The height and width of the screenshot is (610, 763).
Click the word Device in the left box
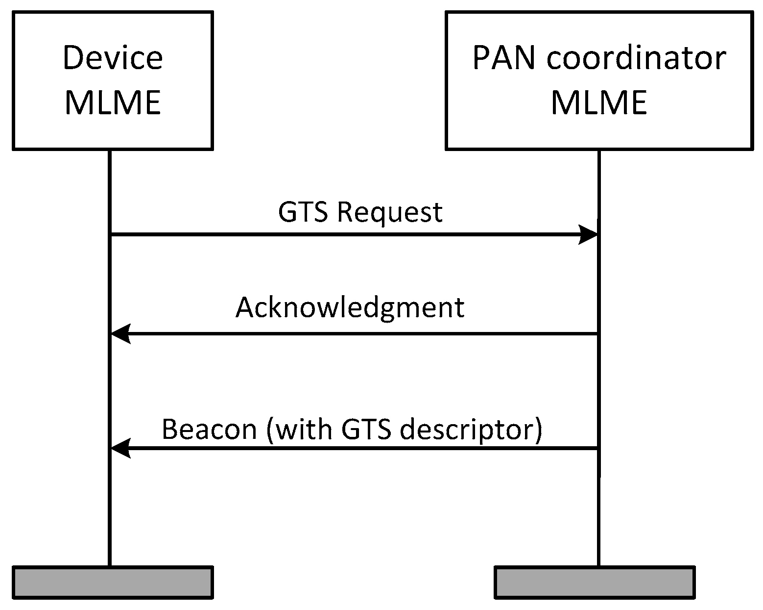click(113, 57)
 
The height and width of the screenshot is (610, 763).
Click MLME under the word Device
click(113, 102)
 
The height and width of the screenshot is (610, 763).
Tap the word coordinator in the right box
click(636, 58)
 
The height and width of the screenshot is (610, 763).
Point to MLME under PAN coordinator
click(599, 102)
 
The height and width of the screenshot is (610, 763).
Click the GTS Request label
click(360, 212)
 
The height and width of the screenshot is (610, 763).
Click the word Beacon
click(209, 429)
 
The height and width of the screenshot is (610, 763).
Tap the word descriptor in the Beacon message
click(471, 430)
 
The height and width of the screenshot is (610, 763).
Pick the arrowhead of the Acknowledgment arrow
click(120, 334)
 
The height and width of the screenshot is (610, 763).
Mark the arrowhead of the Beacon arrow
click(120, 448)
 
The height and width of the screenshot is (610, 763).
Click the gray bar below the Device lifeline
click(113, 583)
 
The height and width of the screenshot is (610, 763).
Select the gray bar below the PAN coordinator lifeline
click(595, 583)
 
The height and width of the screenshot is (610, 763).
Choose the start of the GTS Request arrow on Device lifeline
click(110, 235)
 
